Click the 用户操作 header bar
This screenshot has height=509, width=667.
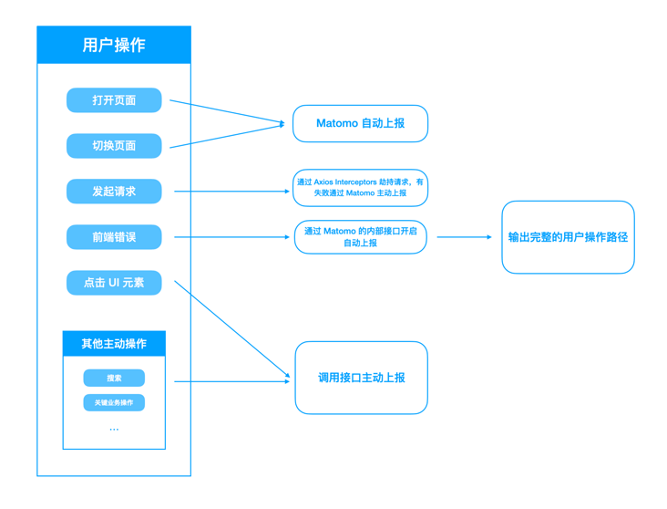(114, 45)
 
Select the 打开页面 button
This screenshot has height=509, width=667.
(114, 100)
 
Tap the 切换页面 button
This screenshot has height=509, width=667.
(114, 146)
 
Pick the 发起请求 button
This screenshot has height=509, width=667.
(114, 192)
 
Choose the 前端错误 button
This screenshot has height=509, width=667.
(114, 237)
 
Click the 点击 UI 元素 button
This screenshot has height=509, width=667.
(114, 283)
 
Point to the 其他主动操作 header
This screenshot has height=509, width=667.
(114, 344)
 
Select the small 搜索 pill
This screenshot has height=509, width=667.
(114, 378)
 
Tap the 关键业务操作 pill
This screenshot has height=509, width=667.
(114, 402)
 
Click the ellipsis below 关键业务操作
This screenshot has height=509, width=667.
(114, 429)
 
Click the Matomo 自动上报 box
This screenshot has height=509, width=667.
(360, 123)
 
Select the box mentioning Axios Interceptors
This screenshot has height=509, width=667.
(360, 188)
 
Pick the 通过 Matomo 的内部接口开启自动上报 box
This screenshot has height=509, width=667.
(360, 237)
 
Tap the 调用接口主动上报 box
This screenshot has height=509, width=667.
(361, 378)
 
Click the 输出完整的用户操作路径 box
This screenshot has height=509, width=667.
(568, 237)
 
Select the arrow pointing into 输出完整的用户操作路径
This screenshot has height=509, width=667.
(464, 237)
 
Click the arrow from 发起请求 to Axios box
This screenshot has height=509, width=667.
(231, 192)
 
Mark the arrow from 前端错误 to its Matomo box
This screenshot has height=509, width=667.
(231, 237)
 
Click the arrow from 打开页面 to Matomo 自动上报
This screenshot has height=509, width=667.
(227, 111)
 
